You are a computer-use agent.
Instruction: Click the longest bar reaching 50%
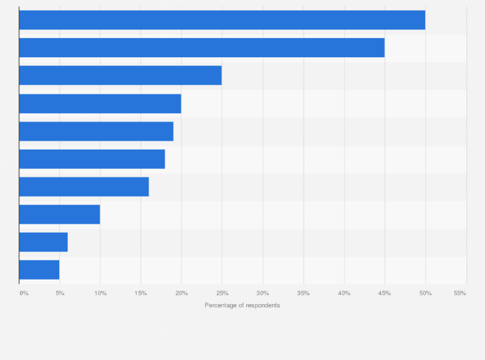[222, 20]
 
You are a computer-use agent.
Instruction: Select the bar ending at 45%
[201, 48]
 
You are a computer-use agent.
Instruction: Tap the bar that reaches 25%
[120, 75]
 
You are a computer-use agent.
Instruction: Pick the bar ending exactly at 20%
[100, 104]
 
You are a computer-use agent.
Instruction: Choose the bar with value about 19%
[96, 131]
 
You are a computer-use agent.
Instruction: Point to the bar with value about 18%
[92, 159]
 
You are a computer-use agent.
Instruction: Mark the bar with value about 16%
[84, 186]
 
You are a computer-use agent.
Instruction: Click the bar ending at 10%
[59, 214]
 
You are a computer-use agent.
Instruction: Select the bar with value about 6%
[43, 242]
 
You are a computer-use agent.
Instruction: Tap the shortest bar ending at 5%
[39, 269]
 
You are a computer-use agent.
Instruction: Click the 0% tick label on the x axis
[24, 293]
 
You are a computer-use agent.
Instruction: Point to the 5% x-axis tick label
[60, 293]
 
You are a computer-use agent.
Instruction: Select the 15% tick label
[141, 293]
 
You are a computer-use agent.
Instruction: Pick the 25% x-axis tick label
[222, 293]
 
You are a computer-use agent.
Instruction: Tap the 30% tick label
[262, 293]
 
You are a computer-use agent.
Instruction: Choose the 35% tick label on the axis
[303, 293]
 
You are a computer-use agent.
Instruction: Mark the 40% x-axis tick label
[344, 293]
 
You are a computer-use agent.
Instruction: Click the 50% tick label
[425, 293]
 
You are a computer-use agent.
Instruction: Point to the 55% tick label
[460, 293]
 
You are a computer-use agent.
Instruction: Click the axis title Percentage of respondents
[243, 305]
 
